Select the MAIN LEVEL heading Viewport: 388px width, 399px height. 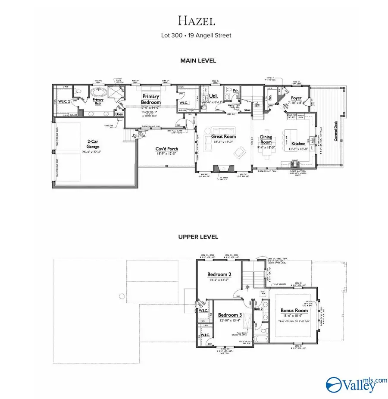[x=198, y=61]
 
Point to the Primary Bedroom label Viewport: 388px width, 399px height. [x=151, y=99]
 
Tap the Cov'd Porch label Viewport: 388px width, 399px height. [x=167, y=149]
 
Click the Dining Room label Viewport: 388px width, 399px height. [x=266, y=139]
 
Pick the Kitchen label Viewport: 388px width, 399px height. [x=298, y=144]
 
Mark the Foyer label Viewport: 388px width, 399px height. [x=296, y=98]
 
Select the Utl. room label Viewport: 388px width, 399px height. [x=213, y=97]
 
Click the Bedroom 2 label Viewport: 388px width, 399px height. [x=219, y=274]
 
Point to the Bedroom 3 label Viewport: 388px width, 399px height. [x=230, y=315]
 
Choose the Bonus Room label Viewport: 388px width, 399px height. [x=294, y=310]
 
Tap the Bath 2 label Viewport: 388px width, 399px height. [x=258, y=308]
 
